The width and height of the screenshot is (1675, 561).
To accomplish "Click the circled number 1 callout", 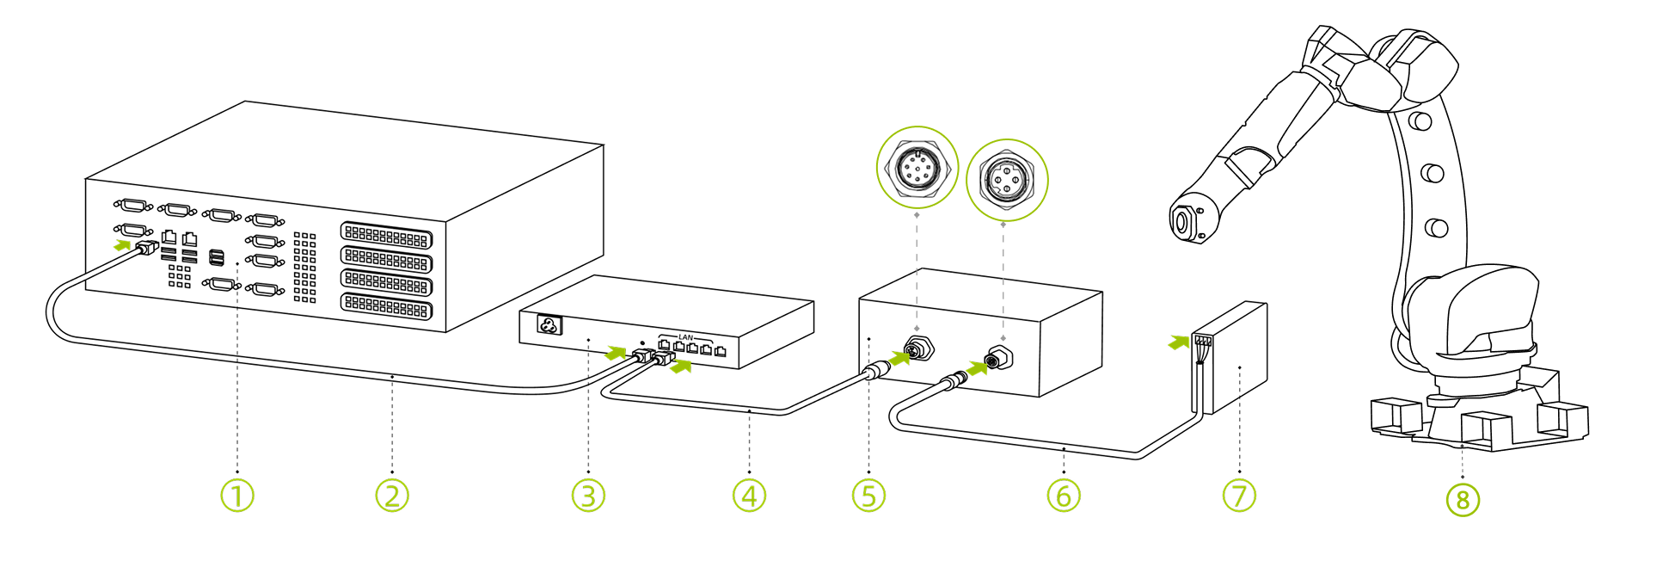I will (237, 496).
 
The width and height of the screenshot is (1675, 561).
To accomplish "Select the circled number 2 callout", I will (392, 496).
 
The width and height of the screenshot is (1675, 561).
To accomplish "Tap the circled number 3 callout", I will (588, 496).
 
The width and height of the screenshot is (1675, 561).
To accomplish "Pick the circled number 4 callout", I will (749, 496).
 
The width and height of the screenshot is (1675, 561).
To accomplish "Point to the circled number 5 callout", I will (868, 496).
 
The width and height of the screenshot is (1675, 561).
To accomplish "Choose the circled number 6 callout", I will (1064, 496).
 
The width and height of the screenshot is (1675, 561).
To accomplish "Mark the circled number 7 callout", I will (1239, 496).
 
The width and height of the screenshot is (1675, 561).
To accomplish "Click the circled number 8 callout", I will (1463, 500).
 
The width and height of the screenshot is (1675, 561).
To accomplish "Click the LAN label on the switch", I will (685, 337).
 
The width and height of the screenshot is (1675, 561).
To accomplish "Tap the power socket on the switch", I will (549, 325).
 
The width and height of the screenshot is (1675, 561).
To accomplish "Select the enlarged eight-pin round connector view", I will (917, 167).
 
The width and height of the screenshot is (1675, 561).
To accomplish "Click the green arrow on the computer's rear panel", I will (124, 245).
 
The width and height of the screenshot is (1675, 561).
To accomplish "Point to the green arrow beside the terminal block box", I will (1178, 342).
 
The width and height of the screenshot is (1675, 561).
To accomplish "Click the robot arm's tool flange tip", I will (1181, 223).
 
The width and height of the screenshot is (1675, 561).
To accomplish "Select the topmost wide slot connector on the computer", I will (386, 235).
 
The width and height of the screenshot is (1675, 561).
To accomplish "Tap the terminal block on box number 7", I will (1203, 341).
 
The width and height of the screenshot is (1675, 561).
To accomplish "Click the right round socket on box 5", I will (998, 359).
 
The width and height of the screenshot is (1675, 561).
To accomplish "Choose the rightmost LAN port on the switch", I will (720, 350).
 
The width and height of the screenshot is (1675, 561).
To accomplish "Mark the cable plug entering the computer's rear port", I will (147, 248).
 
